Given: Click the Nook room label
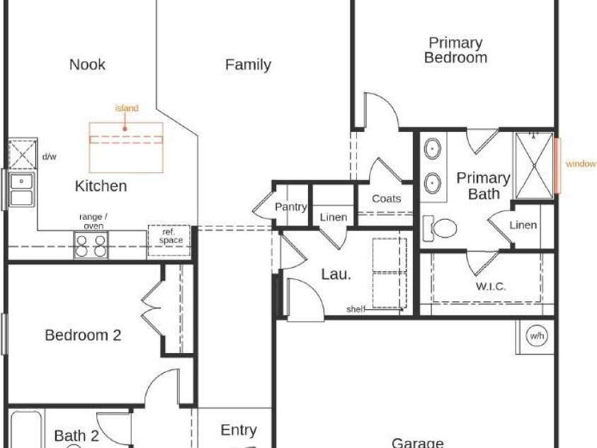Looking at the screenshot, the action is click(x=87, y=65).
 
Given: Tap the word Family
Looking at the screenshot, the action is click(x=248, y=65).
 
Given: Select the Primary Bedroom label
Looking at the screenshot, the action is click(x=456, y=50).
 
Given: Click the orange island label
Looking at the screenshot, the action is click(x=127, y=108).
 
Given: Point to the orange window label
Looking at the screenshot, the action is click(x=581, y=164).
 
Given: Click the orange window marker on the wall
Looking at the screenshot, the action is click(x=557, y=166).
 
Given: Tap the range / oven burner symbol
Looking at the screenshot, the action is click(x=91, y=246).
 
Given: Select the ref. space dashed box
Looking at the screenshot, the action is click(x=169, y=240).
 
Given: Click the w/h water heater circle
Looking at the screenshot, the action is click(x=537, y=336).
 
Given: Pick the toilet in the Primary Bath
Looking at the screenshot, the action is click(x=440, y=228).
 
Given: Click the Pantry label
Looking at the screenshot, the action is click(x=291, y=207).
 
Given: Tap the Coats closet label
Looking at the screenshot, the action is click(x=387, y=198).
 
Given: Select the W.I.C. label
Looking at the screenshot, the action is click(x=491, y=286).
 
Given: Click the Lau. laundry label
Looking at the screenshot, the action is click(x=336, y=274).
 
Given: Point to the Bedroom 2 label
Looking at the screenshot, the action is click(x=83, y=335).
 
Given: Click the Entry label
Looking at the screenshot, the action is click(x=239, y=430).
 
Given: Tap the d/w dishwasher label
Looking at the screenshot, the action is click(x=49, y=157).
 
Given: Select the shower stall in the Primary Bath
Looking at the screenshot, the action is click(x=534, y=166).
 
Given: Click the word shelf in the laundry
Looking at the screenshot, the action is click(x=356, y=309).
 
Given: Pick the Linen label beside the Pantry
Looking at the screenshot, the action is click(x=334, y=218).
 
